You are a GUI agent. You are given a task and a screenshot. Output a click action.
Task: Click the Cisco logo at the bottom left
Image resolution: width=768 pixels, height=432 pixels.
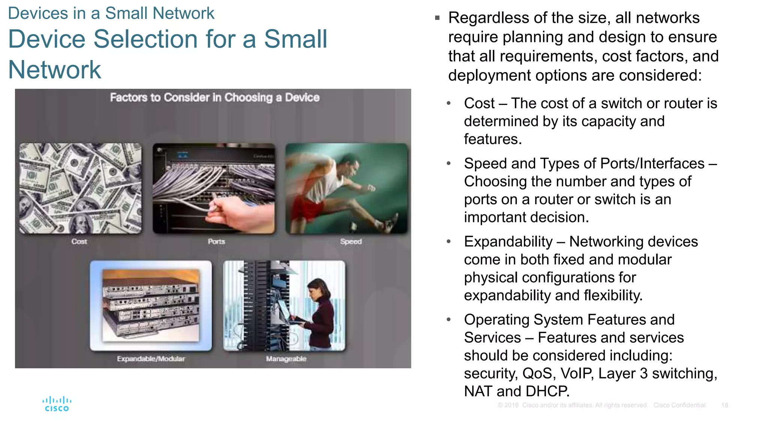pos(57,404)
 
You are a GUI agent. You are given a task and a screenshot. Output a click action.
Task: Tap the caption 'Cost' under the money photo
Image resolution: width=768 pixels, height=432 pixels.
pos(79,242)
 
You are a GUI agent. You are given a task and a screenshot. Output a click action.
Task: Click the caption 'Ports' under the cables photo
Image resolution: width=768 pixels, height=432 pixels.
pos(216,242)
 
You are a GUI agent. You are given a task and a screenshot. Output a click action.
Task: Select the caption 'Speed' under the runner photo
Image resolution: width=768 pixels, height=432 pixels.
pos(351,242)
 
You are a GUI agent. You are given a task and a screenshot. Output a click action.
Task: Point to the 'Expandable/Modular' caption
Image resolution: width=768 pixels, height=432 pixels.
pos(151,359)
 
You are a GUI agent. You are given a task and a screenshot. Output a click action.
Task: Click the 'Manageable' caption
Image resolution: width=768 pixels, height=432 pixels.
pos(286,359)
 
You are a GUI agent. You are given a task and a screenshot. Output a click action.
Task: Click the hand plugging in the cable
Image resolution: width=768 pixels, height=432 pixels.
pos(240,214)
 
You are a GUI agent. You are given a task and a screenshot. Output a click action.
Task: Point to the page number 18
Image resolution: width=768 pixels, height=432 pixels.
pos(724,405)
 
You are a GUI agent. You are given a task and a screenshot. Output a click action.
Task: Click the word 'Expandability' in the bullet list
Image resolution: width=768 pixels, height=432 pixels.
pos(508,242)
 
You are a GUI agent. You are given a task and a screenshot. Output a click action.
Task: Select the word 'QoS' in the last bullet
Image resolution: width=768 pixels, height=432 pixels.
pos(537,373)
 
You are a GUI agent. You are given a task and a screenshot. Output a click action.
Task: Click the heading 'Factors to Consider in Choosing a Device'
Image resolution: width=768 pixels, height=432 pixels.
pos(214,97)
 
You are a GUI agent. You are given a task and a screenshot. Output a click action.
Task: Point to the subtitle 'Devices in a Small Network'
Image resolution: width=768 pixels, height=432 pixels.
pos(111,13)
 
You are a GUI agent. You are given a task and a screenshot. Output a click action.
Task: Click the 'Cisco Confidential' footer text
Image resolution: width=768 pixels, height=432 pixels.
pos(679,405)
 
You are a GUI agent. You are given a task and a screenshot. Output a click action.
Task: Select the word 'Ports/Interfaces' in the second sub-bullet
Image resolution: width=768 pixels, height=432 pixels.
pos(652,164)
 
